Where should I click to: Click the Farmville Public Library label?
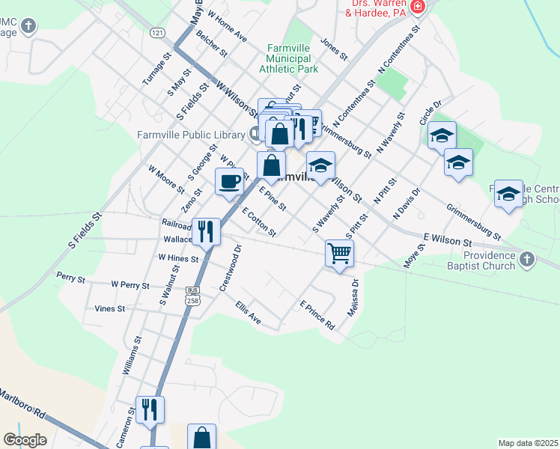point(191,135)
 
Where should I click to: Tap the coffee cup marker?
point(230,181)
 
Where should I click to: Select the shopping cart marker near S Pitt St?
point(339,254)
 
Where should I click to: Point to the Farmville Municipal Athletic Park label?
point(288,59)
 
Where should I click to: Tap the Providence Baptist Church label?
point(484,260)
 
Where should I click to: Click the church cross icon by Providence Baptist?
point(527,260)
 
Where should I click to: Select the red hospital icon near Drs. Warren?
point(418,9)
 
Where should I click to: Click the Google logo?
point(25,440)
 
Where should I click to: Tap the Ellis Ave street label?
point(248,313)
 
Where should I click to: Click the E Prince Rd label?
point(317,317)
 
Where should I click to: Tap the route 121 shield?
point(156,34)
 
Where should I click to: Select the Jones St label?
point(334,49)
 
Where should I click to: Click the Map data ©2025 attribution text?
point(528,443)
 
